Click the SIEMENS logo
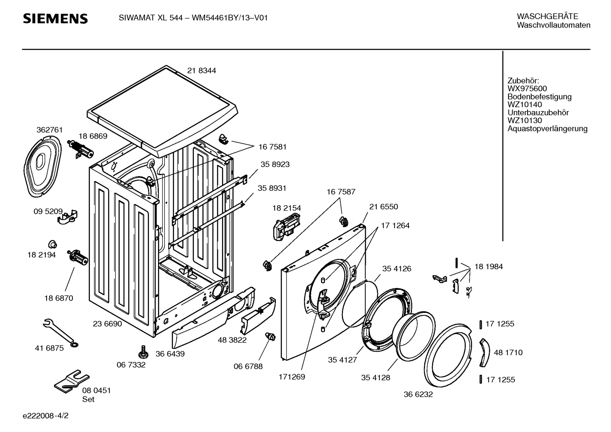pyautogui.click(x=56, y=19)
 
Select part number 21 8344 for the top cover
pyautogui.click(x=202, y=71)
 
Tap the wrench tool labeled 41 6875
pyautogui.click(x=61, y=333)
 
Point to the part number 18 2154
pyautogui.click(x=287, y=208)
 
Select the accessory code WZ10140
pyautogui.click(x=525, y=105)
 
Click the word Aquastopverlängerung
pyautogui.click(x=547, y=129)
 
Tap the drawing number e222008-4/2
pyautogui.click(x=46, y=415)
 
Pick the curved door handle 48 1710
pyautogui.click(x=485, y=353)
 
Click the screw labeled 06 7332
pyautogui.click(x=143, y=351)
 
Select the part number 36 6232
pyautogui.click(x=418, y=394)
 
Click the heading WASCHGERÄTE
pyautogui.click(x=547, y=17)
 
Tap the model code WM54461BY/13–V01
pyautogui.click(x=230, y=18)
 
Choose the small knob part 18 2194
pyautogui.click(x=53, y=244)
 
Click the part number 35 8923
pyautogui.click(x=275, y=164)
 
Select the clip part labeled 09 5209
pyautogui.click(x=67, y=217)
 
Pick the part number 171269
pyautogui.click(x=292, y=377)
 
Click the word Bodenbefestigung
pyautogui.click(x=539, y=97)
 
